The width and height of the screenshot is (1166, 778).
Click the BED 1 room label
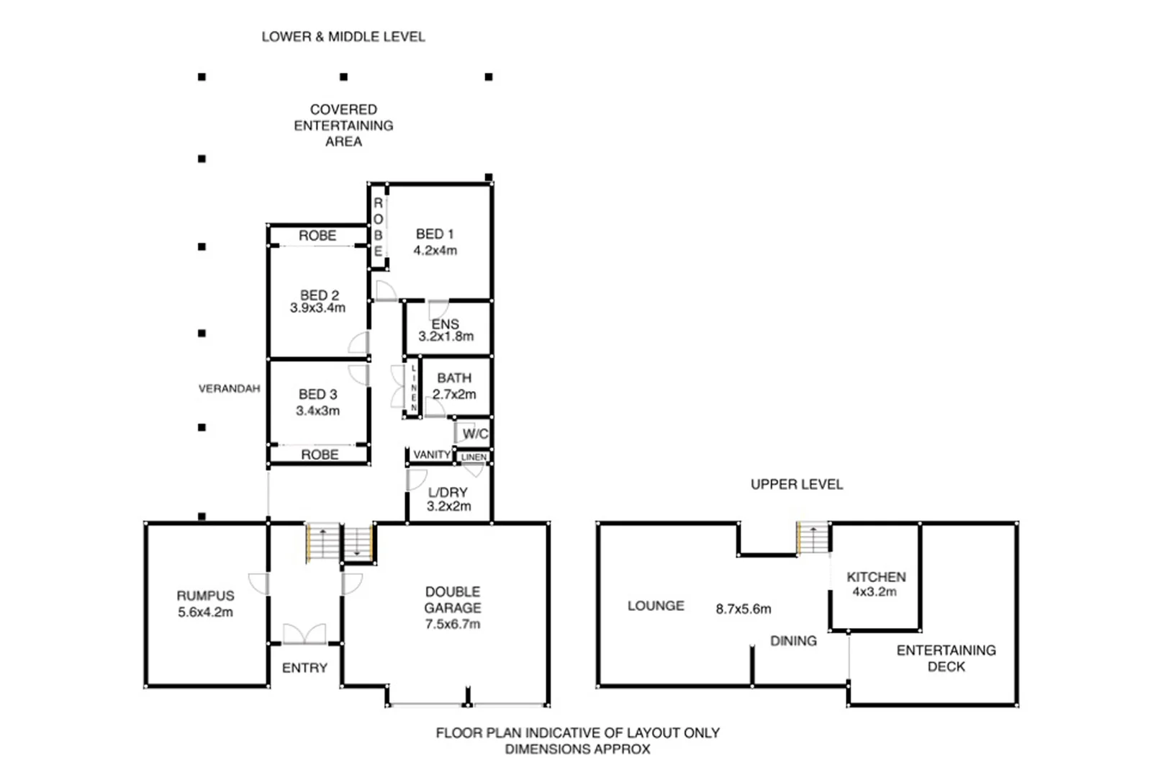(435, 234)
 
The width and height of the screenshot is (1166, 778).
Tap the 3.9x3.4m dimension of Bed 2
(317, 308)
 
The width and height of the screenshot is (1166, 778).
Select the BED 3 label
(317, 395)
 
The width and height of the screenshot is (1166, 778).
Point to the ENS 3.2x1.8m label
(446, 331)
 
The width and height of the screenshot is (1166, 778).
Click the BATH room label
(454, 378)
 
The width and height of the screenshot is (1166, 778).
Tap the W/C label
(475, 434)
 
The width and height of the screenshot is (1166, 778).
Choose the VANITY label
(432, 455)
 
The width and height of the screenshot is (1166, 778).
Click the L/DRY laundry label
(448, 493)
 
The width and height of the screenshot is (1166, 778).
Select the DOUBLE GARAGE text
(452, 600)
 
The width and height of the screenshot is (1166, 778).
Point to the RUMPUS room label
(205, 596)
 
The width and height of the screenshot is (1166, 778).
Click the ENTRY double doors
(304, 634)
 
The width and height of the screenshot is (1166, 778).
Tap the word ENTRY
(304, 669)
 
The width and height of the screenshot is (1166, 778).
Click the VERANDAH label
(229, 389)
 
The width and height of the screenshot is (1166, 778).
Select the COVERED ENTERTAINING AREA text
(343, 125)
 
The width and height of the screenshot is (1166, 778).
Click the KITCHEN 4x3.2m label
(875, 584)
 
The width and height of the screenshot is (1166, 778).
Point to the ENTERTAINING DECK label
(946, 658)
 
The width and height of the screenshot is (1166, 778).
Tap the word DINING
(793, 641)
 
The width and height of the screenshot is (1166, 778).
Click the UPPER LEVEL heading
(796, 485)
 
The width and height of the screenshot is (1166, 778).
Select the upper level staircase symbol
(813, 539)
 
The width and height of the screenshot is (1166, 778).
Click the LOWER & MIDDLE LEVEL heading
(343, 37)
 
